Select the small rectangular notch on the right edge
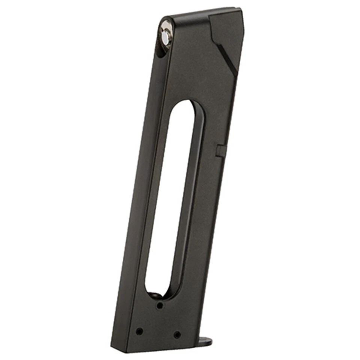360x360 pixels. pos(220,149)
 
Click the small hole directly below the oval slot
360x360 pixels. pos(160,306)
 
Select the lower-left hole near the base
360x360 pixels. pos(139,331)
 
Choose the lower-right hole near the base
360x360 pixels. pos(177,334)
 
